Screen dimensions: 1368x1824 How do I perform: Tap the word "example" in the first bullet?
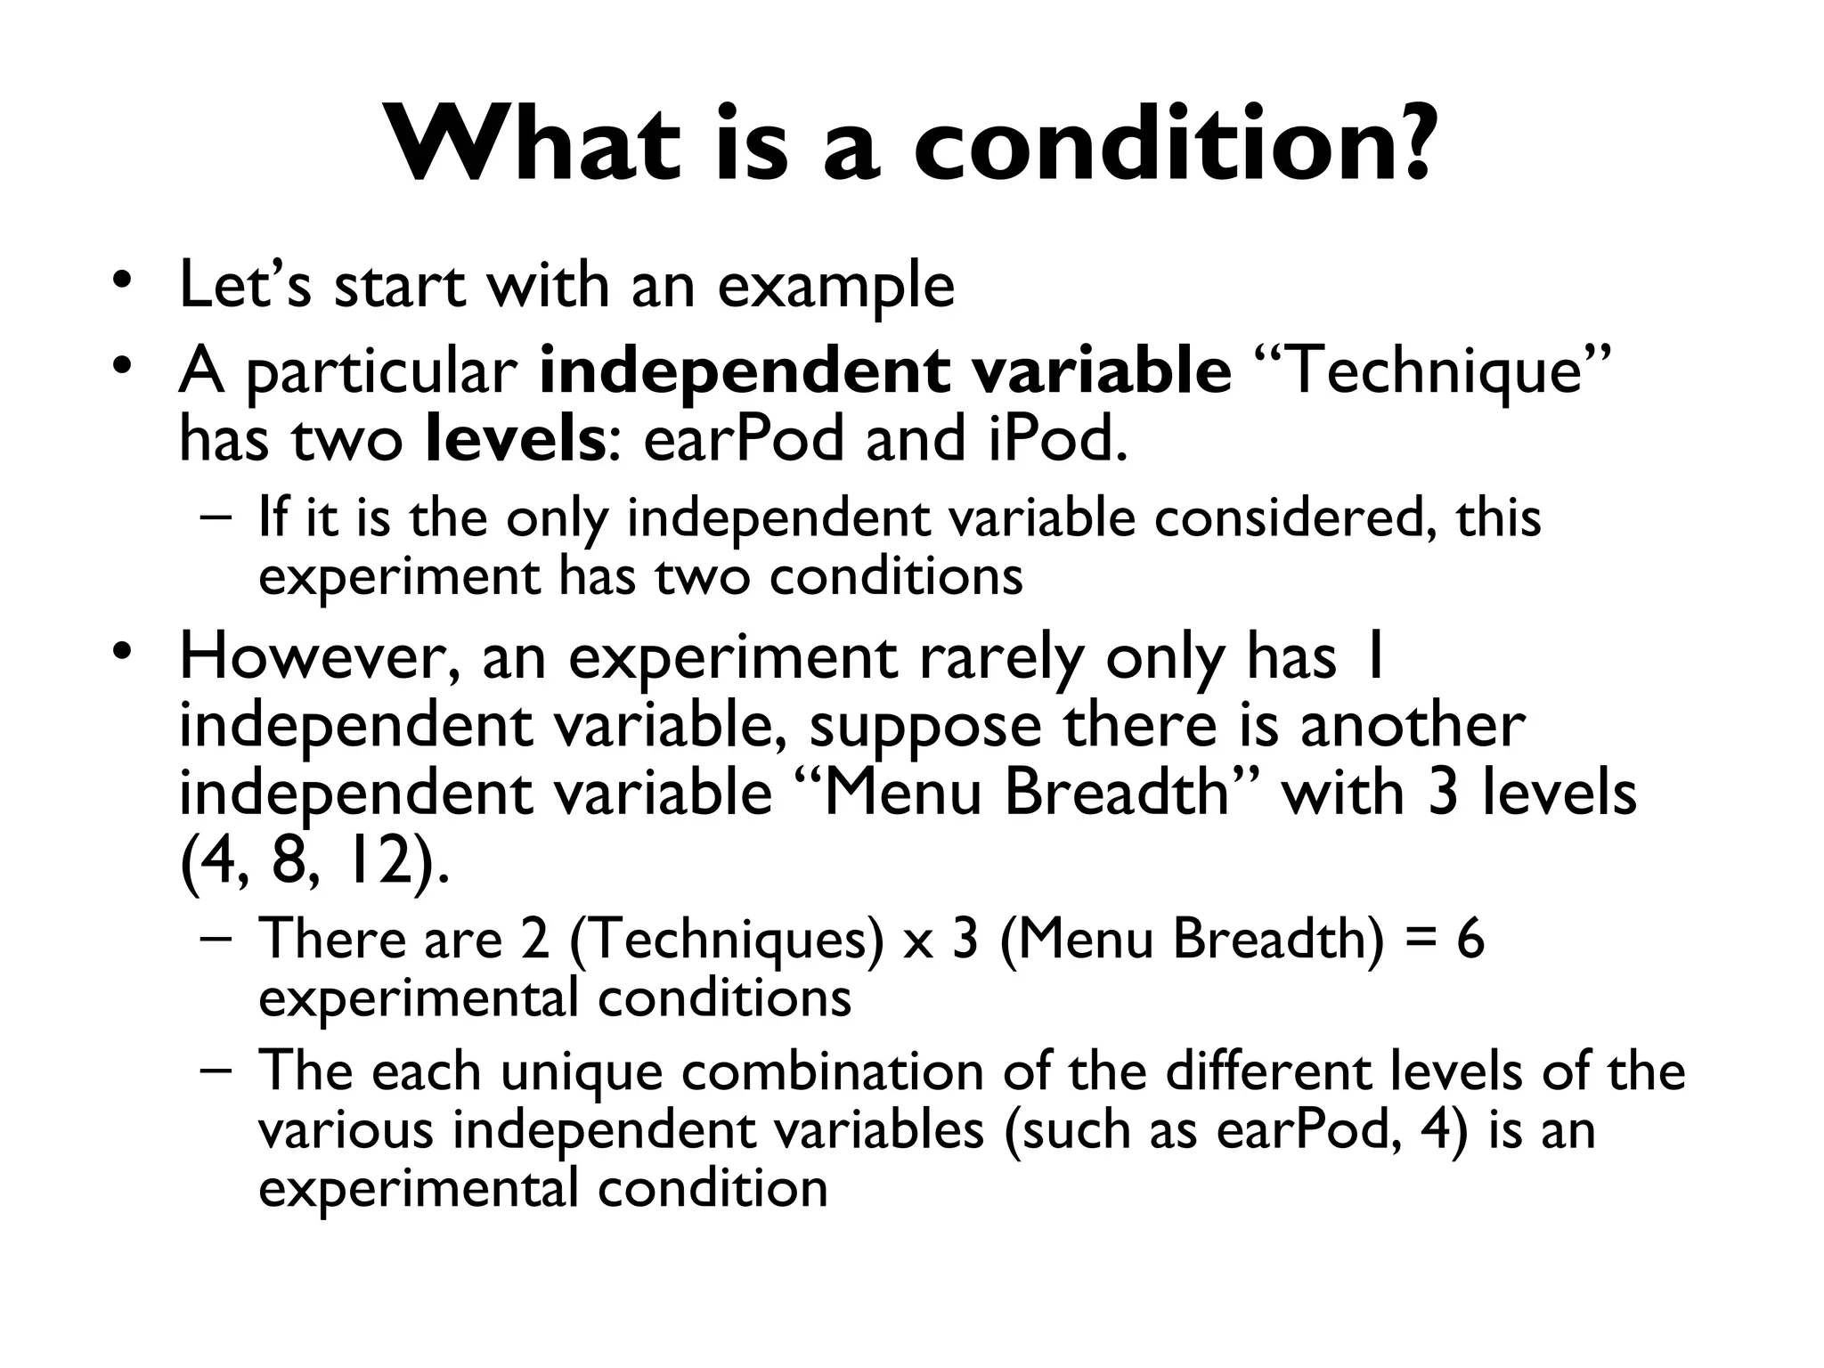[x=835, y=287]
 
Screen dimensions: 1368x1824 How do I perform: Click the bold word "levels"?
[x=516, y=439]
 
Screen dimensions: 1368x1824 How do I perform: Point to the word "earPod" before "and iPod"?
[x=743, y=439]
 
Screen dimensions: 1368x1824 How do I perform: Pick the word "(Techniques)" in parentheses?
[x=726, y=940]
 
